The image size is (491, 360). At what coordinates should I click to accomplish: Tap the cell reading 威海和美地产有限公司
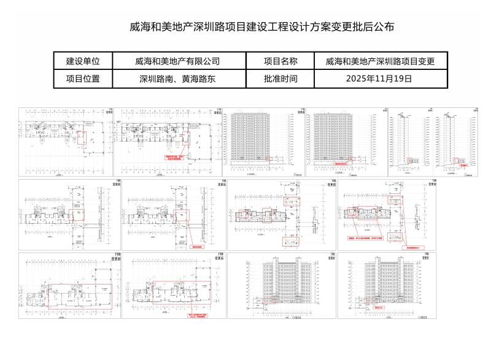click(x=177, y=61)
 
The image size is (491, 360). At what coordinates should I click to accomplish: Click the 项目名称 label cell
click(x=280, y=61)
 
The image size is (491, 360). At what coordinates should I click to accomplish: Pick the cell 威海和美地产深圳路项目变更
click(x=380, y=61)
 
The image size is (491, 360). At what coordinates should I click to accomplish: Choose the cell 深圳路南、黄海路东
click(x=177, y=79)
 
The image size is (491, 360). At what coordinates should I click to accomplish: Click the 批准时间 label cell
click(x=280, y=79)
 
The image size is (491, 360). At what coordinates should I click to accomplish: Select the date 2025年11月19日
click(x=380, y=79)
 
